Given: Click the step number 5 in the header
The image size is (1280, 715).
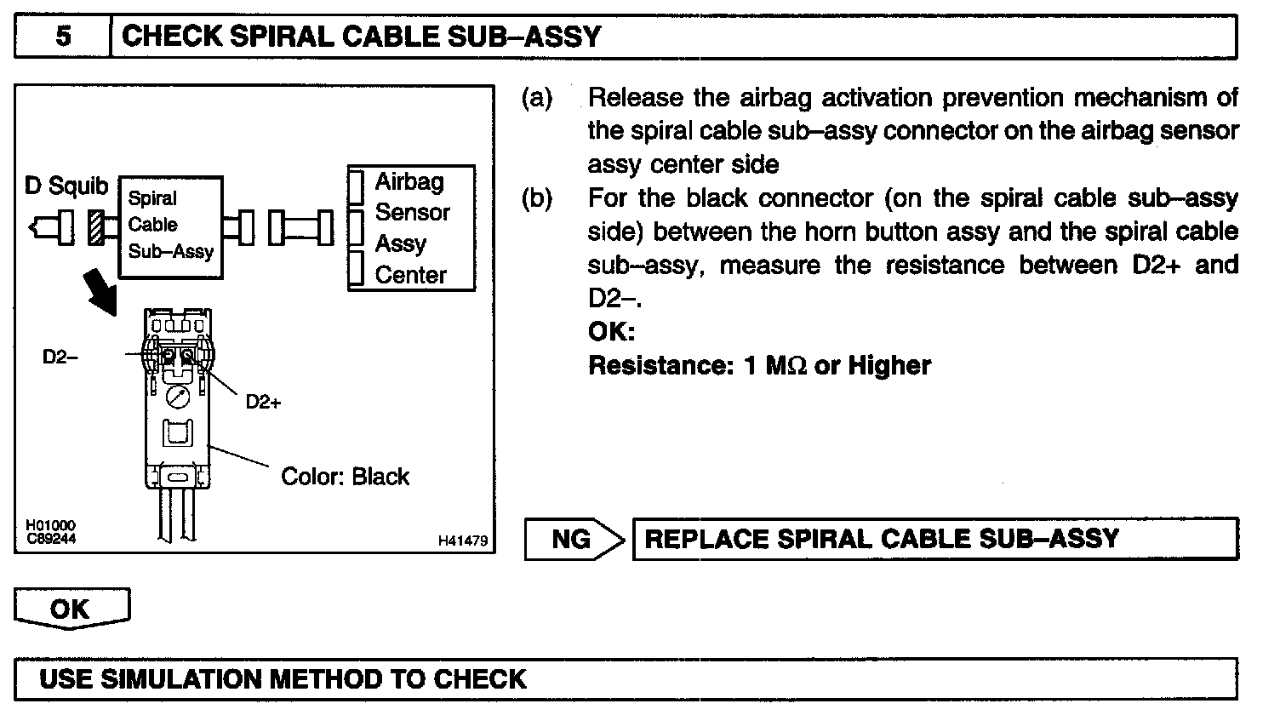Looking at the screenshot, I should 64,37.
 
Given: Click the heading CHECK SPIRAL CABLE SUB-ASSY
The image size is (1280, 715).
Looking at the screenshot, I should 362,37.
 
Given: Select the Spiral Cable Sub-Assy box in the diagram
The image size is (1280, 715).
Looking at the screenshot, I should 169,226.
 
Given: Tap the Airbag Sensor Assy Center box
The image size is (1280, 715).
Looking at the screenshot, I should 411,228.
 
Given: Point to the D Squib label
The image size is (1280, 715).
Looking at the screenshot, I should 66,186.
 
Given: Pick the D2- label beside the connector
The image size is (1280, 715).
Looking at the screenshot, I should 60,357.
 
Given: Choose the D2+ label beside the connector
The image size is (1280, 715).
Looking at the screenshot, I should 263,403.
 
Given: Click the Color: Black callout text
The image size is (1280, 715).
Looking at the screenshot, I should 345,477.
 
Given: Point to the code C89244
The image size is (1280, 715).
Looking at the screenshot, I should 50,537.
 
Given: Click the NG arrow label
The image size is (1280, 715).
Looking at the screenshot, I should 572,539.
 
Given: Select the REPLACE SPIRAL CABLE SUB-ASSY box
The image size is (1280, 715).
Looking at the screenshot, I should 934,539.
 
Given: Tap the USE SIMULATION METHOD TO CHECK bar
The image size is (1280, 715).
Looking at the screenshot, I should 626,678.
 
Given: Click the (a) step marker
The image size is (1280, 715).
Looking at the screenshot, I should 537,98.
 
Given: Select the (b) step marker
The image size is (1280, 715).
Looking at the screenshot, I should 537,198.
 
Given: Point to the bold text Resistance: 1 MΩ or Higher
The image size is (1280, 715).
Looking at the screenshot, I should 759,366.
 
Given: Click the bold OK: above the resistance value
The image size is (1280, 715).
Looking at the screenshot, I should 611,331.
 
